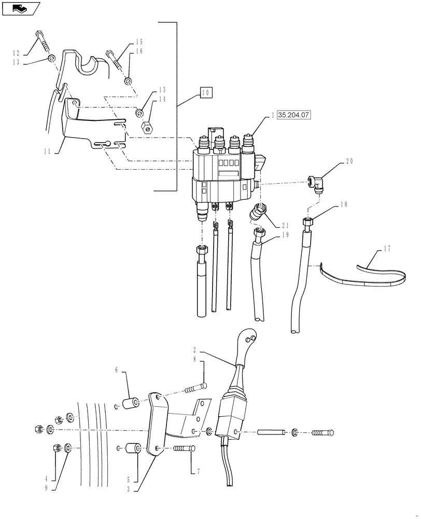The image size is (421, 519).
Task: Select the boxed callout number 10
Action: pyautogui.click(x=206, y=93)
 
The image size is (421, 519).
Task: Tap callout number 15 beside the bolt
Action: pyautogui.click(x=139, y=42)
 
